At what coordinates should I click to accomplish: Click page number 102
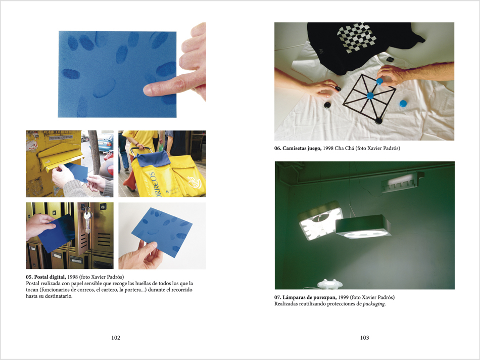pyautogui.click(x=116, y=338)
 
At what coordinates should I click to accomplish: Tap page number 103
pyautogui.click(x=364, y=338)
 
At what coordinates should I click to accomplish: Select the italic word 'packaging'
pyautogui.click(x=373, y=304)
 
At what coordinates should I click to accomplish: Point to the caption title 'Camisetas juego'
pyautogui.click(x=302, y=148)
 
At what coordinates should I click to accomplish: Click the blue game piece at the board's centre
pyautogui.click(x=370, y=95)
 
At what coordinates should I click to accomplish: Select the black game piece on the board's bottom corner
pyautogui.click(x=378, y=120)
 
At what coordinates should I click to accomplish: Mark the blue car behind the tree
pyautogui.click(x=105, y=142)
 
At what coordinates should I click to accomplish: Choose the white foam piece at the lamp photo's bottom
pyautogui.click(x=330, y=284)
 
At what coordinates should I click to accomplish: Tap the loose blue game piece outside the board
pyautogui.click(x=403, y=103)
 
